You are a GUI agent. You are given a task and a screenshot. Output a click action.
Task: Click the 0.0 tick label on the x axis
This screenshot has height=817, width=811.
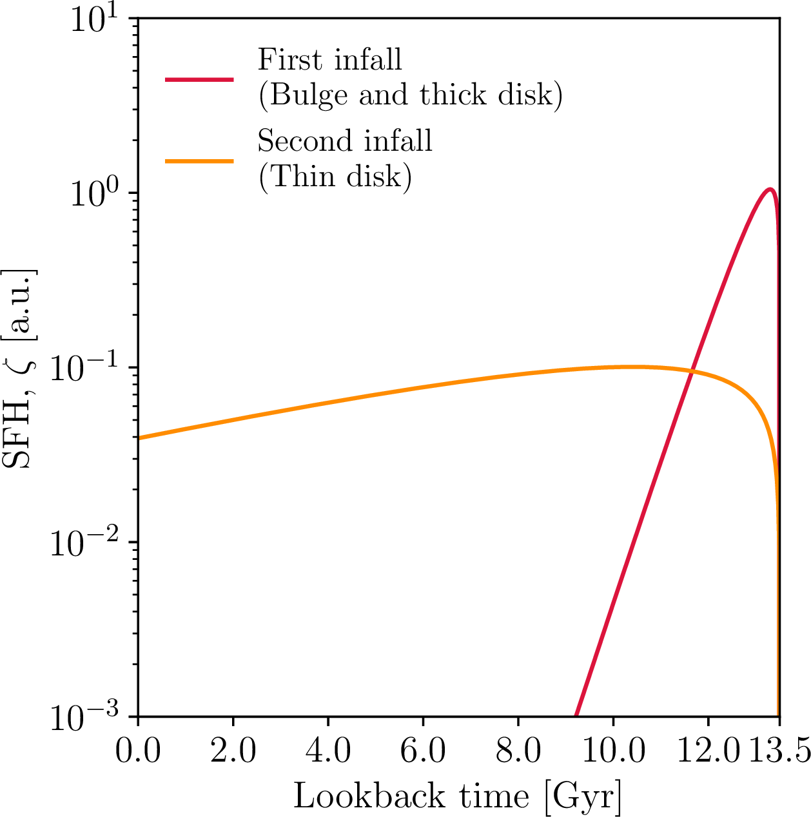pyautogui.click(x=138, y=751)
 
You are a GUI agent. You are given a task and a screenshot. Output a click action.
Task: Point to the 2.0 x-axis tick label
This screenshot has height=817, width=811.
pyautogui.click(x=233, y=751)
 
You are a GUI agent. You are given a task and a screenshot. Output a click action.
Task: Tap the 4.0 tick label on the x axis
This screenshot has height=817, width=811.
pyautogui.click(x=328, y=751)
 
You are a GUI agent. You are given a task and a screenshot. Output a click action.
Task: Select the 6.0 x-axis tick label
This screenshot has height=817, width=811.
pyautogui.click(x=423, y=751)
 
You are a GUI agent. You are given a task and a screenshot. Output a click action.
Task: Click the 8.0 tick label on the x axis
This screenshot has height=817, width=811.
pyautogui.click(x=518, y=751)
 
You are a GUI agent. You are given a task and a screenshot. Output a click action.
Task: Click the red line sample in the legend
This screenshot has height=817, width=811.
pyautogui.click(x=199, y=80)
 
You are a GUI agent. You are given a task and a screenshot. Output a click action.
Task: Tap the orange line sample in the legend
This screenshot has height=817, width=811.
pyautogui.click(x=199, y=161)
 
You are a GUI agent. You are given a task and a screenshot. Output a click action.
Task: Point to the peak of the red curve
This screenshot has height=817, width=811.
pyautogui.click(x=770, y=189)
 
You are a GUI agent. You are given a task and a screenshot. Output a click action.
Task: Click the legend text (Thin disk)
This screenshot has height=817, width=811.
pyautogui.click(x=335, y=177)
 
